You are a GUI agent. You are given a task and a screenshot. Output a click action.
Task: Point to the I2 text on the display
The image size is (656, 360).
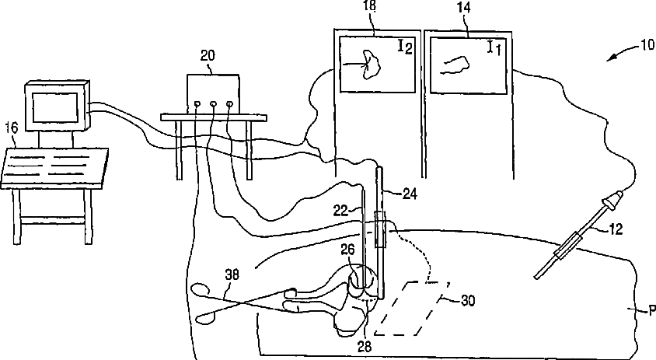(x=404, y=47)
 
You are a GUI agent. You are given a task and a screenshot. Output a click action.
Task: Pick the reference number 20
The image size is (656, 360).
(x=208, y=55)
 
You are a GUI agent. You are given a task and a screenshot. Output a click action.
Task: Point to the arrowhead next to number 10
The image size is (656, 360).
(x=613, y=54)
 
